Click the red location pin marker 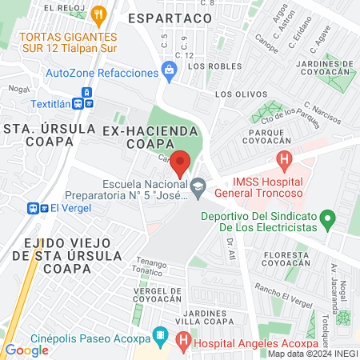coord(181,162)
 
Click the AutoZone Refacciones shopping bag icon coord(169,73)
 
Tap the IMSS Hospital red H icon coord(284,162)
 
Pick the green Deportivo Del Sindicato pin coord(326,217)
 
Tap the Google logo coord(26,350)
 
